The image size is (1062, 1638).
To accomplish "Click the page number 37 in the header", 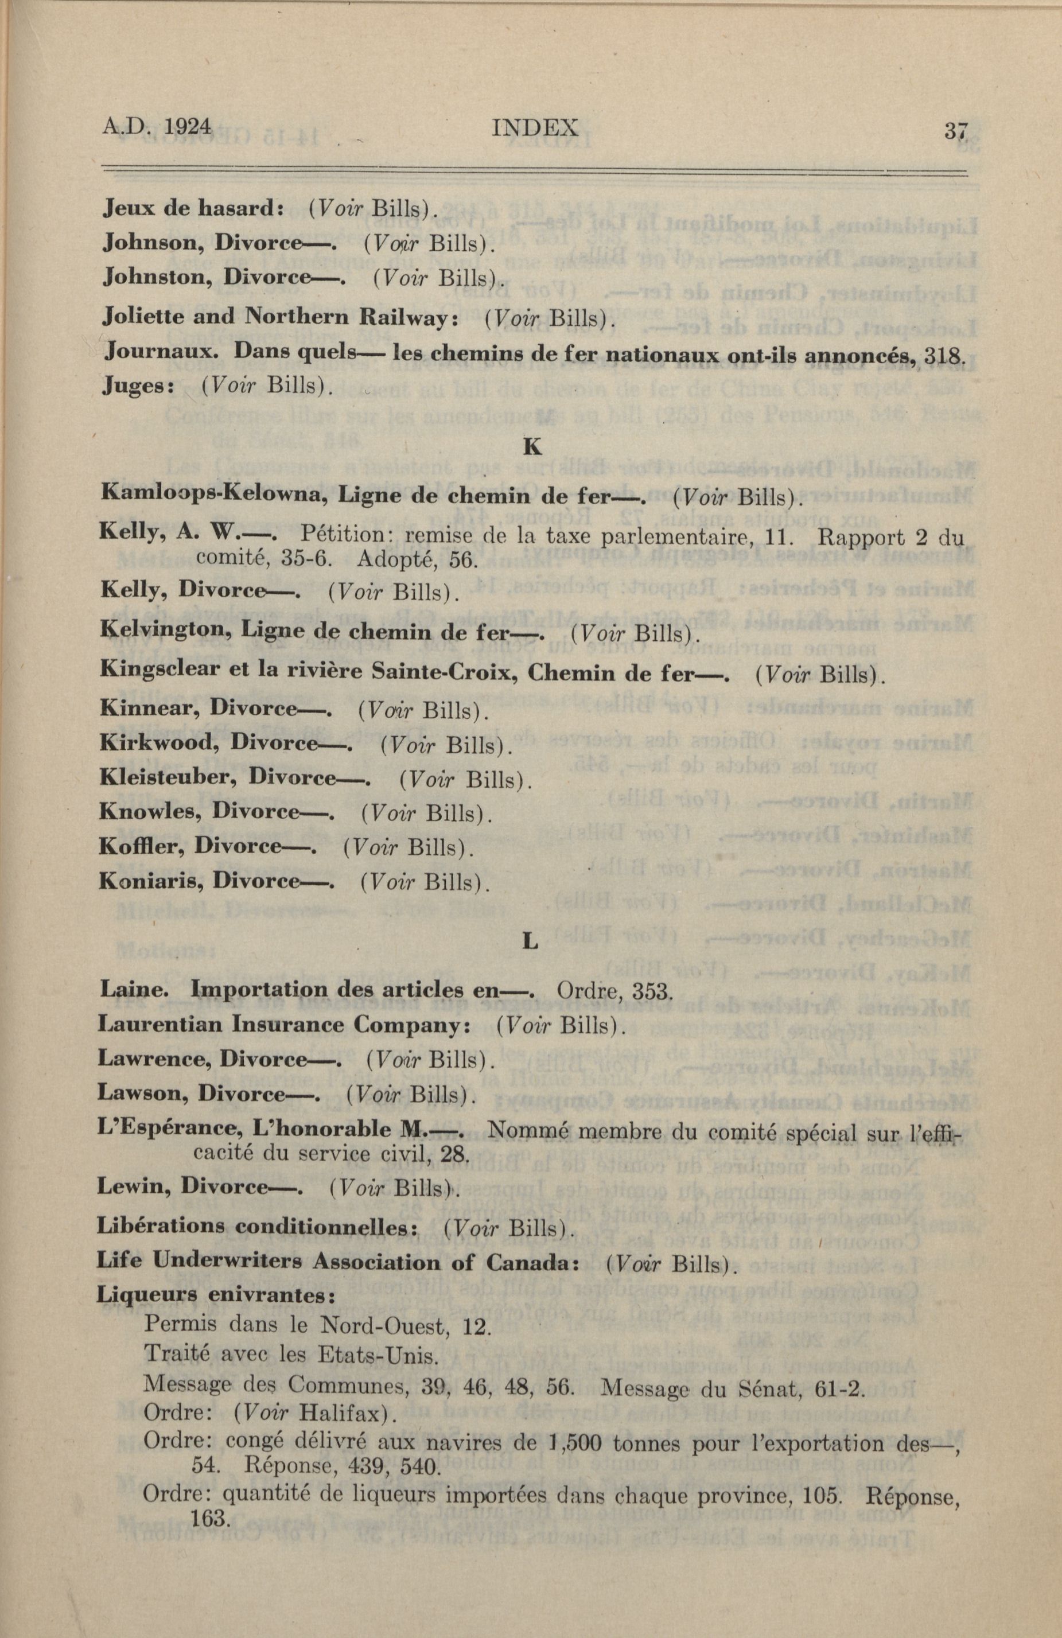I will pos(955,130).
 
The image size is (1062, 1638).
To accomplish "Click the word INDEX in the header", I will pos(535,128).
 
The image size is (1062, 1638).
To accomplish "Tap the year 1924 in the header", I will pos(187,127).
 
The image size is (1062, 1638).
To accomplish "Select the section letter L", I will pos(530,941).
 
